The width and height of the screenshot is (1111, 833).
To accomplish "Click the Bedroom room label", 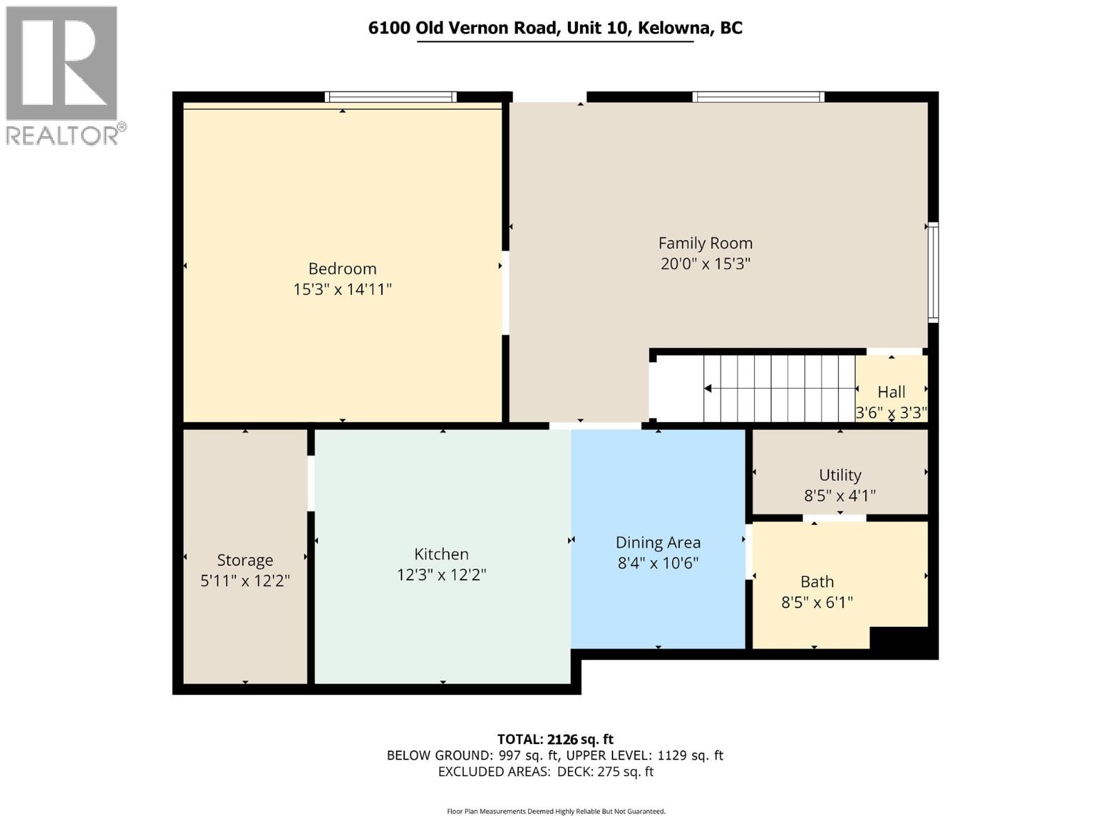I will click(342, 269).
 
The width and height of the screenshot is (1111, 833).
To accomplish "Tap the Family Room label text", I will click(705, 243).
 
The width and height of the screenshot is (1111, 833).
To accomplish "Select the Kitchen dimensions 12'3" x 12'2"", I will click(442, 575).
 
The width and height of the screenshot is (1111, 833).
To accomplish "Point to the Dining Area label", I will click(658, 542).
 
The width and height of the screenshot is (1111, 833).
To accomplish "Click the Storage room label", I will click(245, 560).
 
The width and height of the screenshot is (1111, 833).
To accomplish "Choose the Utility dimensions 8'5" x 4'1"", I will click(840, 496).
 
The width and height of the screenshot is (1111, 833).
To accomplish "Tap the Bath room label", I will click(817, 582).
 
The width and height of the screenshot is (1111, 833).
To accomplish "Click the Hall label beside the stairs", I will click(892, 392).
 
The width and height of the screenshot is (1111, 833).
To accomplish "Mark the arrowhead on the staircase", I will click(708, 388).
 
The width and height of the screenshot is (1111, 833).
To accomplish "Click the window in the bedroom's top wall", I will click(390, 97).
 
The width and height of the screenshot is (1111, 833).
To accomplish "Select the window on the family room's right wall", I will click(934, 272).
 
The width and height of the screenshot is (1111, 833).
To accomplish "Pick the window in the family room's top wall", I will click(758, 97).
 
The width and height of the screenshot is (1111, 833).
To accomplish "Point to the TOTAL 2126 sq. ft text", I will click(555, 739).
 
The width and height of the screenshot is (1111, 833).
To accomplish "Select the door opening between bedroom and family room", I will click(506, 293).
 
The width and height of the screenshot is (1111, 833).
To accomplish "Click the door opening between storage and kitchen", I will click(311, 483).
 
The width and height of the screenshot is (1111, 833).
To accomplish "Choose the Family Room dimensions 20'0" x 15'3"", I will click(705, 264).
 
